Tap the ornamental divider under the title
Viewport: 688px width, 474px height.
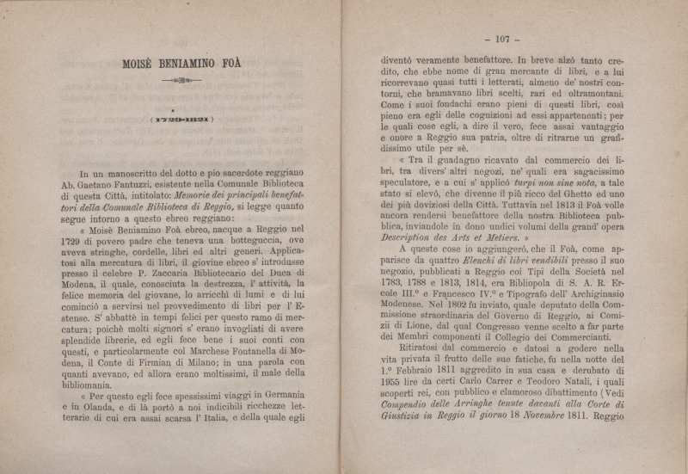point(181,80)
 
